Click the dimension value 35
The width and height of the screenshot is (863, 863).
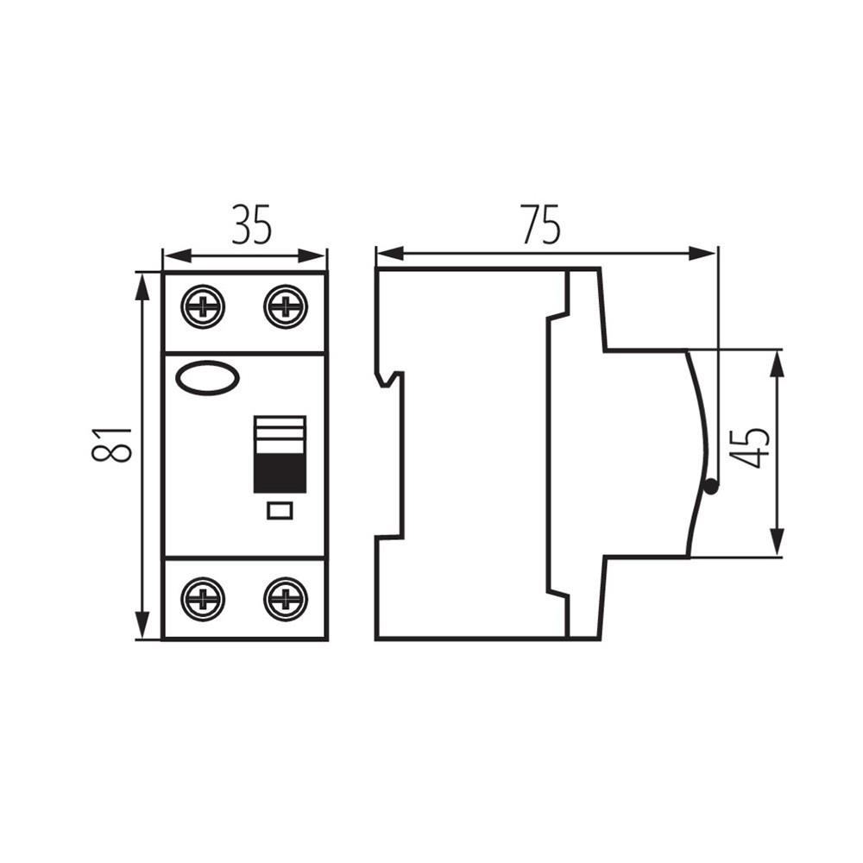tap(251, 224)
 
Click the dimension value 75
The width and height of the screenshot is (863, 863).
tap(541, 224)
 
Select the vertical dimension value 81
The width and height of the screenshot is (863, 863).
tap(111, 444)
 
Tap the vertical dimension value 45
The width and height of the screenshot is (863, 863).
tap(753, 446)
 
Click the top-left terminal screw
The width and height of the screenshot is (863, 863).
tap(203, 306)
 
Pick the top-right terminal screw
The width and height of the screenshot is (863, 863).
tap(286, 306)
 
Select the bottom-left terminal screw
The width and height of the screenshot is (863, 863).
tap(203, 600)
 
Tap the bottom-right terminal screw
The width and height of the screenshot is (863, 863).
tap(286, 600)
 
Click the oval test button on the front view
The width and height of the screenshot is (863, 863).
tap(207, 378)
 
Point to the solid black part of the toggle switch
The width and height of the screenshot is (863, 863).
tap(280, 473)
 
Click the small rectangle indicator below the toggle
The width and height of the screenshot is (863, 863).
tap(280, 511)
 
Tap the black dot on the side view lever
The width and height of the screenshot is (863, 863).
tap(711, 487)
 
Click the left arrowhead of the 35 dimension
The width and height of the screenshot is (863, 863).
tap(178, 256)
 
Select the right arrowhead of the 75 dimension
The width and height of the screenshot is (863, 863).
tap(702, 255)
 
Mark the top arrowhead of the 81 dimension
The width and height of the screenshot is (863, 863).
tap(142, 287)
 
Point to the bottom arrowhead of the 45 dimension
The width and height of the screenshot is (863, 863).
tap(777, 542)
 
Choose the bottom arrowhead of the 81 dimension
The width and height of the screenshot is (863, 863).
tap(142, 625)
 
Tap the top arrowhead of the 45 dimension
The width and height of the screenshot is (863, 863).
tap(777, 364)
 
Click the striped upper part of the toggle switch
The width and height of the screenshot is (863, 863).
tap(280, 435)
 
